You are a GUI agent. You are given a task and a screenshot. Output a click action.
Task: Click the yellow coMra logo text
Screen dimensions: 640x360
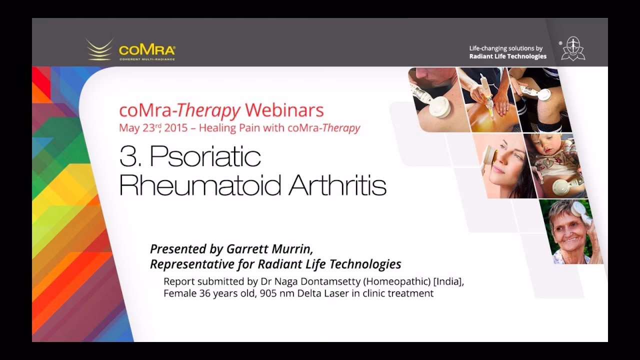(147, 50)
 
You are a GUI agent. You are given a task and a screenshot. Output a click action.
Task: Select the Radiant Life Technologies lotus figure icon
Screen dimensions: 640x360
(573, 48)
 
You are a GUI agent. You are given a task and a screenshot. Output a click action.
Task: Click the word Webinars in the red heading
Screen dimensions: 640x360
(284, 110)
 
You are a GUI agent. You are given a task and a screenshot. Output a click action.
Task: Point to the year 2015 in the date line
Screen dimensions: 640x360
(176, 127)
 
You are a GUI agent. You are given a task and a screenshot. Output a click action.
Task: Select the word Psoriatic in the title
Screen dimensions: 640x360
(205, 156)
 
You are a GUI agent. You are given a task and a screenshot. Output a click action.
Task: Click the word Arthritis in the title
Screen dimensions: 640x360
(337, 185)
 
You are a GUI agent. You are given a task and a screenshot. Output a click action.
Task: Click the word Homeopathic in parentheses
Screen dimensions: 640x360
(397, 281)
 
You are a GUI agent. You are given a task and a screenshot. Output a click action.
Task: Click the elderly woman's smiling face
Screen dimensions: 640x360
(568, 234)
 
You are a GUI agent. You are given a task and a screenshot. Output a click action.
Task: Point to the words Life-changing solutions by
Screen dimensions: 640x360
(505, 48)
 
